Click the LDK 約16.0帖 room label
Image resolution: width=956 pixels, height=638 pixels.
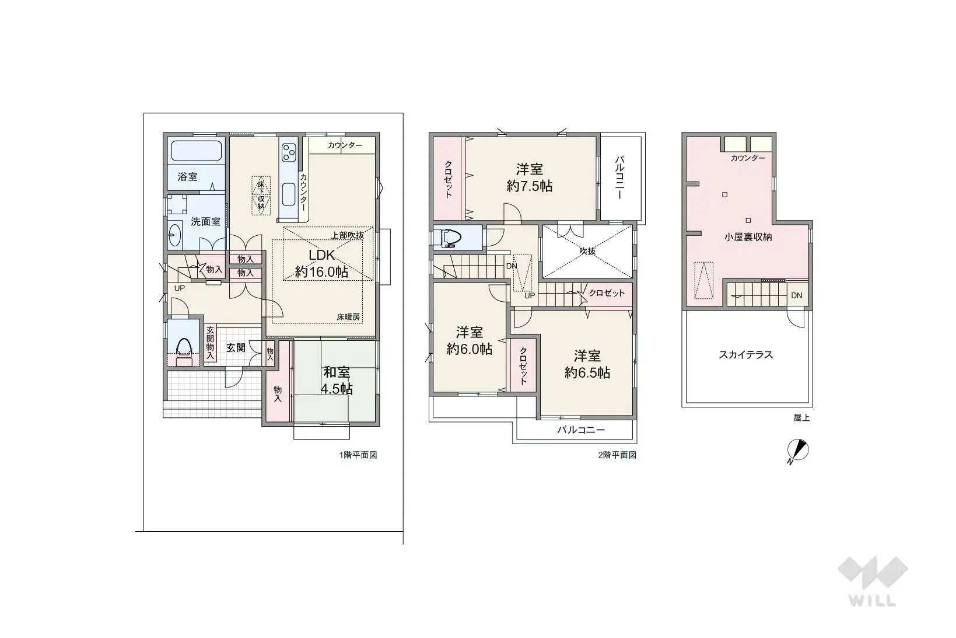pos(322,263)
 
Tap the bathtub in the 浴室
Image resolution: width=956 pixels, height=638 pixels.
pos(197,151)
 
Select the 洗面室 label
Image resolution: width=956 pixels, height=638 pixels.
pos(205,222)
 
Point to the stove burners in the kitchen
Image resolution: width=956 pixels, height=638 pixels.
pos(289,152)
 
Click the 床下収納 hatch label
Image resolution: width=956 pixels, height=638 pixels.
pos(261,195)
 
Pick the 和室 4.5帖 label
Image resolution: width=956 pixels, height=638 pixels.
pos(337,381)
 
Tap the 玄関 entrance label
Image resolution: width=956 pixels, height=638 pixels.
pos(236,348)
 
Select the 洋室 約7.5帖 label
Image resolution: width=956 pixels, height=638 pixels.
pos(529,177)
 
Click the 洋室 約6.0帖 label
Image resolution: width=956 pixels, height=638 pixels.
pos(470,340)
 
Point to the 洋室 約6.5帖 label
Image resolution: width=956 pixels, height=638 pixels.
pos(587,364)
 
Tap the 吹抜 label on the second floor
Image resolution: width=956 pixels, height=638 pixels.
pos(587,251)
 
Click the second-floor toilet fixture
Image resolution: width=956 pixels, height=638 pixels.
pos(447,238)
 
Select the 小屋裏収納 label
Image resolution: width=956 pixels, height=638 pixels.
pos(748,237)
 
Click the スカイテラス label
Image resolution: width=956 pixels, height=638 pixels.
pos(746,354)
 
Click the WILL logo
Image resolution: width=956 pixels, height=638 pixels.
pos(872,581)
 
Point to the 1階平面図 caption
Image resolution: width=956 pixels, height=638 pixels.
pos(358,455)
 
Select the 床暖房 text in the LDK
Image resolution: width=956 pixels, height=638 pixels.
pos(348,317)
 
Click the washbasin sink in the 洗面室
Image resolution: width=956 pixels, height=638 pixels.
pos(174,236)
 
